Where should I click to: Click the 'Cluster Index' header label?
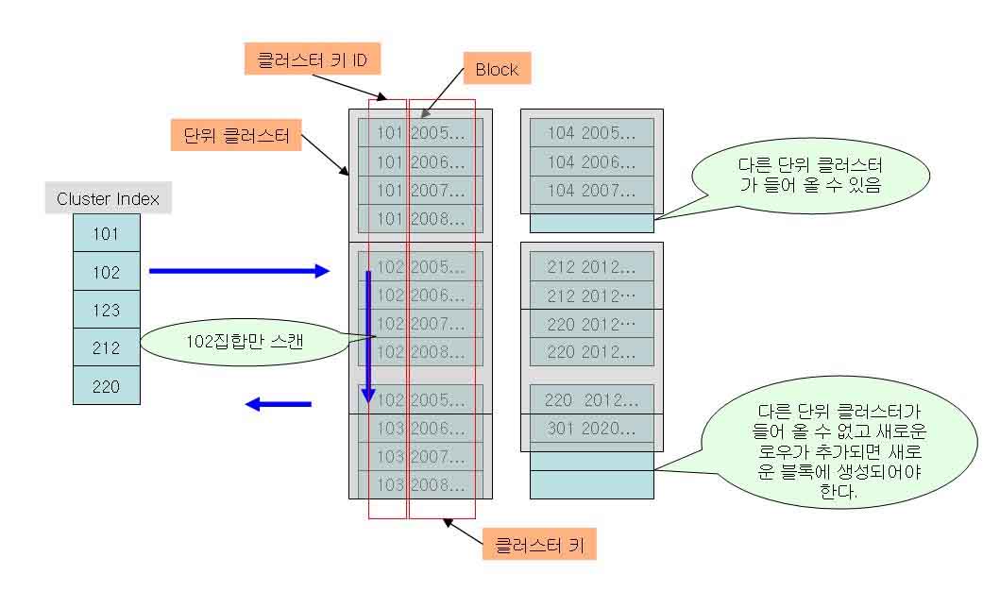coord(108,198)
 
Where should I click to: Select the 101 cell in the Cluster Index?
coord(107,233)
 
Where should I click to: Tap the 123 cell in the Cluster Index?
coord(107,310)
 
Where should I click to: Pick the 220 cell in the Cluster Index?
coord(107,386)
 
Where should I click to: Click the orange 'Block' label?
coord(497,69)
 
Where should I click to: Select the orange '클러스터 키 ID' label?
coord(313,61)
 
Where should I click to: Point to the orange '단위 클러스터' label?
coord(236,134)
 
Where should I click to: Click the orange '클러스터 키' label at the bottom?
coord(539,545)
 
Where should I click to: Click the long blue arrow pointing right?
coord(238,272)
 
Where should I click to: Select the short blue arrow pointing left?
coord(279,404)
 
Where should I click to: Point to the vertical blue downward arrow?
coord(369,335)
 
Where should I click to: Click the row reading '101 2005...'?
coord(420,132)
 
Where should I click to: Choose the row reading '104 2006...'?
coord(591,161)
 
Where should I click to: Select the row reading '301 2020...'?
coord(591,429)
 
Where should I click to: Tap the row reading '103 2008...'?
coord(420,485)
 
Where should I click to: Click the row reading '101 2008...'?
coord(420,219)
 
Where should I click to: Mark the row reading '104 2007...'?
coord(591,191)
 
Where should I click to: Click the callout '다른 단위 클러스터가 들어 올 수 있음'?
coord(810,175)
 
